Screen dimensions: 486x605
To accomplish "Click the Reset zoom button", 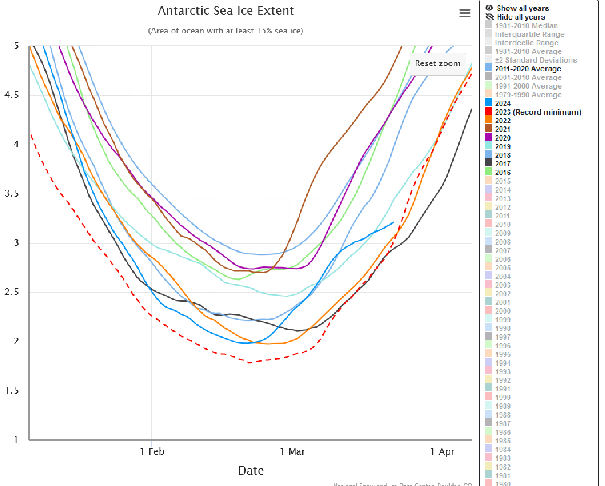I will coord(438,63).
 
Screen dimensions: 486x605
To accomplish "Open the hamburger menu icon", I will coord(465,13).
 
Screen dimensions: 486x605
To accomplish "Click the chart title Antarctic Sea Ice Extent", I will coord(226,11).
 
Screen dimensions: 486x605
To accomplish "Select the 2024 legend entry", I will coord(503,103).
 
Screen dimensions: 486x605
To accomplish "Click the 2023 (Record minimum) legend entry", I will coord(537,112).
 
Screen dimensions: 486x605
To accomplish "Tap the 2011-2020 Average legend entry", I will coord(528,69).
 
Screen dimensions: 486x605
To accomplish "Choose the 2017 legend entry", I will coord(503,164).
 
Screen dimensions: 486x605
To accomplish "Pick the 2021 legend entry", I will coord(503,129).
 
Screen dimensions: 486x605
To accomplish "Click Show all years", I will coord(522,8).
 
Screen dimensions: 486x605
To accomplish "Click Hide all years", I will coord(521,17).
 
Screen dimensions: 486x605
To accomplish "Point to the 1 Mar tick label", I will coord(292,452).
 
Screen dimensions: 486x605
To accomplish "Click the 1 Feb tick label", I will coord(152,452).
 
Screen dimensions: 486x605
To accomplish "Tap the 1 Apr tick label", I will coord(442,452).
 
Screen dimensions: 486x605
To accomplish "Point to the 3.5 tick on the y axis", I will coord(12,194).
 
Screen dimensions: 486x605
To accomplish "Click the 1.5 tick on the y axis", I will coord(12,391).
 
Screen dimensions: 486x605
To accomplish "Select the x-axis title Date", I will coord(251,470).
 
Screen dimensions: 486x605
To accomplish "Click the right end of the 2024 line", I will coord(394,222).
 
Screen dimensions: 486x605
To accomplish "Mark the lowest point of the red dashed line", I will coord(250,362).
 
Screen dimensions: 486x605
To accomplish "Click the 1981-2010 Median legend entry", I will coord(526,26).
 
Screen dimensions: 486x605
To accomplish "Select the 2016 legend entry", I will coord(503,173).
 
